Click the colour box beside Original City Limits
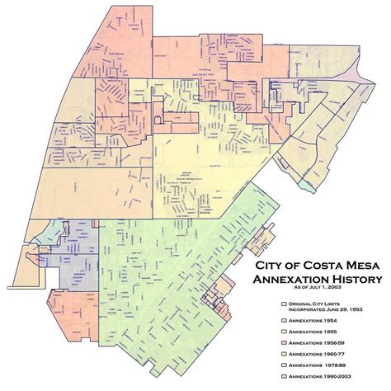(x=283, y=304)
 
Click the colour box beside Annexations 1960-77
(x=283, y=362)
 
